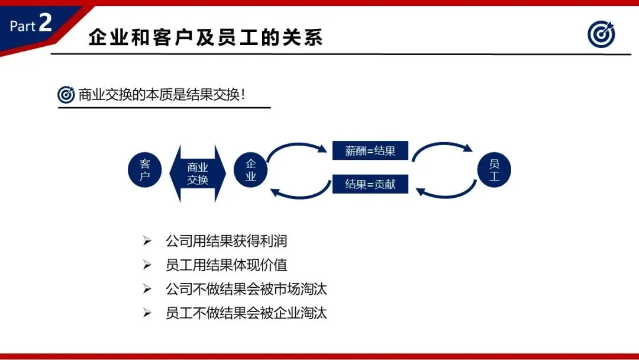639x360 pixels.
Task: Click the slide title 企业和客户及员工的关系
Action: point(205,38)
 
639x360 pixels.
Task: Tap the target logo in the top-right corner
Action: point(601,35)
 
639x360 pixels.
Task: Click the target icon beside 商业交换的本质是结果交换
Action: point(66,95)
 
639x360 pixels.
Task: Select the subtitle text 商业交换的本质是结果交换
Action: point(162,95)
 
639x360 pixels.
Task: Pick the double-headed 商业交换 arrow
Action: point(198,173)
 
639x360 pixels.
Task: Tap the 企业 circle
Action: point(251,171)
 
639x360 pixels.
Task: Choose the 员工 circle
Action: point(494,171)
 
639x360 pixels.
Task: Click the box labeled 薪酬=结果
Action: point(370,150)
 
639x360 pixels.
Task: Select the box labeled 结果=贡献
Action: point(370,184)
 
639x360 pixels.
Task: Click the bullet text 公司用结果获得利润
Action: point(226,241)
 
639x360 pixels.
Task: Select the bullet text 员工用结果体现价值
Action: point(226,265)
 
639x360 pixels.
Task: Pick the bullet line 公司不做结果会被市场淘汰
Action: point(246,289)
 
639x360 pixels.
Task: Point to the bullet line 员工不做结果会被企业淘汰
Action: point(246,313)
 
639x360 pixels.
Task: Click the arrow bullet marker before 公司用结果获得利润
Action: point(147,242)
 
